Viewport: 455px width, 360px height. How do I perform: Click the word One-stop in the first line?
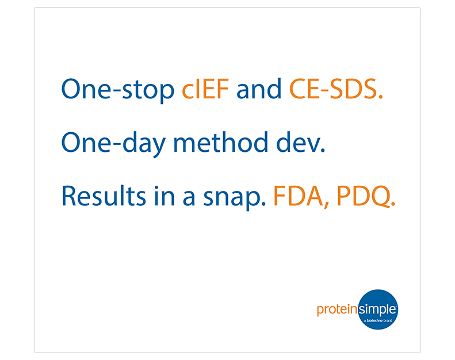point(117,90)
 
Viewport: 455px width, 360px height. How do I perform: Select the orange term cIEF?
point(205,89)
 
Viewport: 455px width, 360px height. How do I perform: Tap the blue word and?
point(259,89)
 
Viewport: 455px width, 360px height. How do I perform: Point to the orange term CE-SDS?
point(336,89)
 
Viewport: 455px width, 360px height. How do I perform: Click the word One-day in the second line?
point(113,143)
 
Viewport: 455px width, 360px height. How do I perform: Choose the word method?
point(220,142)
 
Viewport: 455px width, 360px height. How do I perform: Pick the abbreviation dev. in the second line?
point(301,142)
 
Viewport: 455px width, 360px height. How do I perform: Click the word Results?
point(104,196)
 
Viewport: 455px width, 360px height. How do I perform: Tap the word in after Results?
point(165,196)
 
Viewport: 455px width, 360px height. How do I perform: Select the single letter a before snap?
point(189,199)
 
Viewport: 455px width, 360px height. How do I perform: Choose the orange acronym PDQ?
point(366,197)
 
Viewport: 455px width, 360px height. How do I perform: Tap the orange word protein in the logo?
point(337,310)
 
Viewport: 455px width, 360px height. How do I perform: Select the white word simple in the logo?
point(377,309)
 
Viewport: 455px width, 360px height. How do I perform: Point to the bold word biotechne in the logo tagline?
point(374,320)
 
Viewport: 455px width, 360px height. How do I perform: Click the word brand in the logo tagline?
point(388,320)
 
